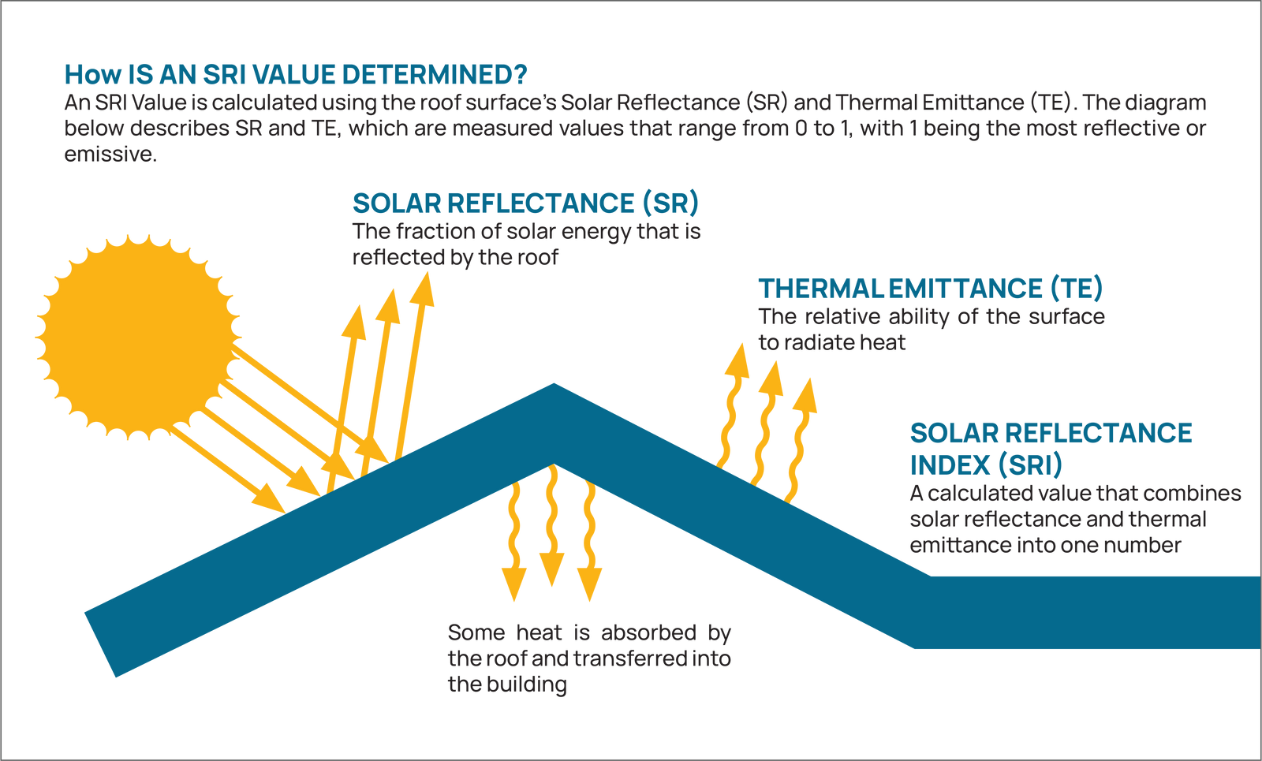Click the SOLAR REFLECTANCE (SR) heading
pos(525,203)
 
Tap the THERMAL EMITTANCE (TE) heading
pos(930,289)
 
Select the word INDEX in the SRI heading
pos(950,465)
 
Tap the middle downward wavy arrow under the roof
pos(552,528)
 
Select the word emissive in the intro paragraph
pos(109,155)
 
